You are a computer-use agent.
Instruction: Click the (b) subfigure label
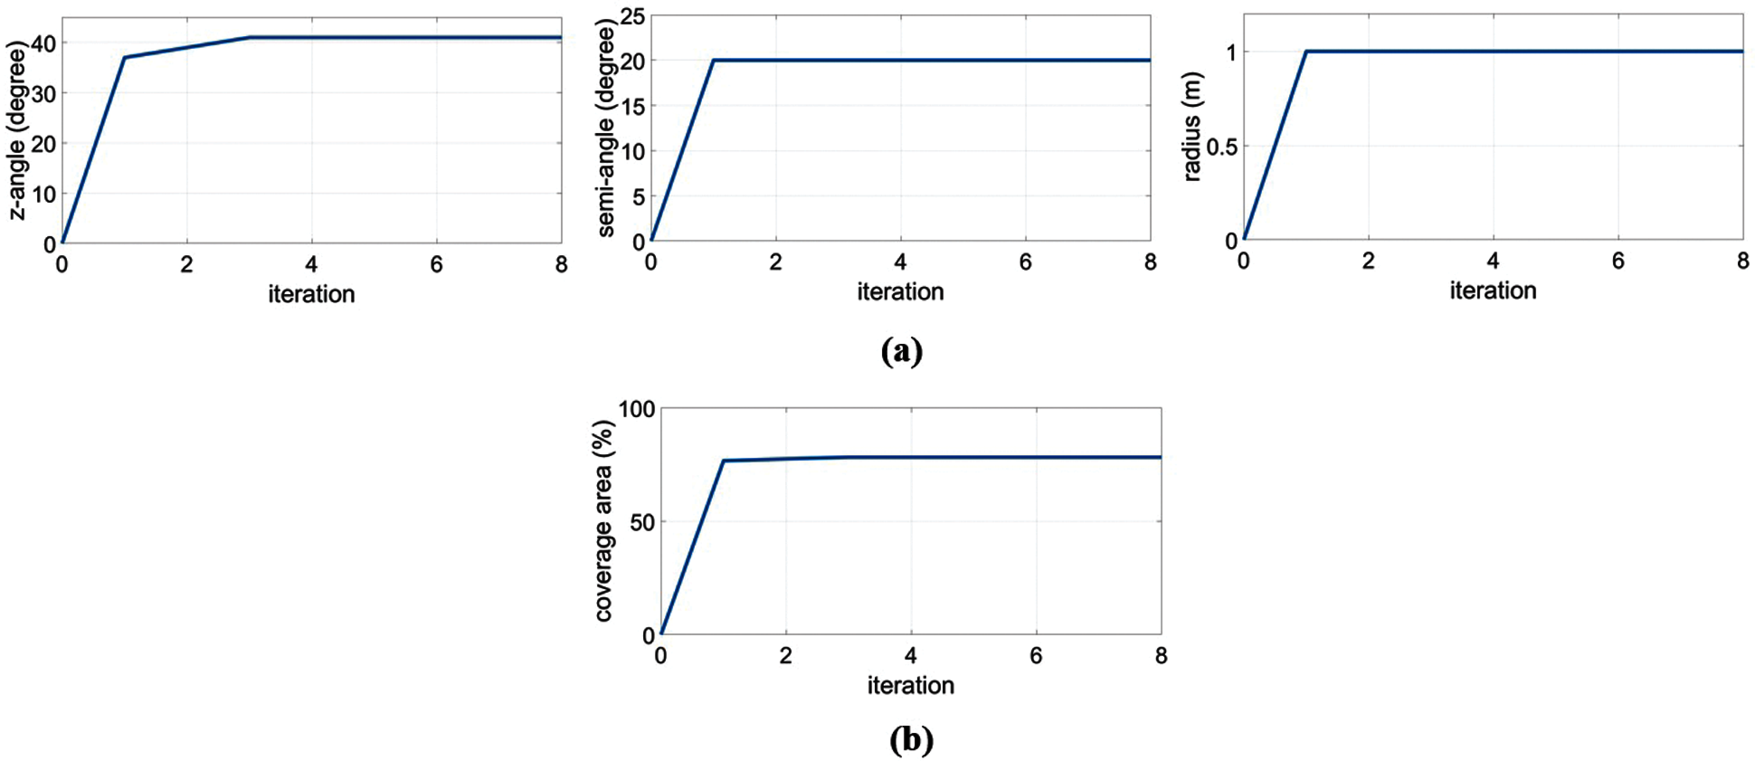(x=911, y=739)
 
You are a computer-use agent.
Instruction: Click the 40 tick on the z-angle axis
(x=43, y=43)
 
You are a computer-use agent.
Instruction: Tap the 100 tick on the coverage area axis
(x=636, y=409)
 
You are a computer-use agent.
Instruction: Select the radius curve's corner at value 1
(x=1306, y=52)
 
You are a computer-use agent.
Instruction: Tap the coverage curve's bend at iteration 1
(x=724, y=461)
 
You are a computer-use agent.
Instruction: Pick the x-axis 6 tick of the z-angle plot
(x=436, y=264)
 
